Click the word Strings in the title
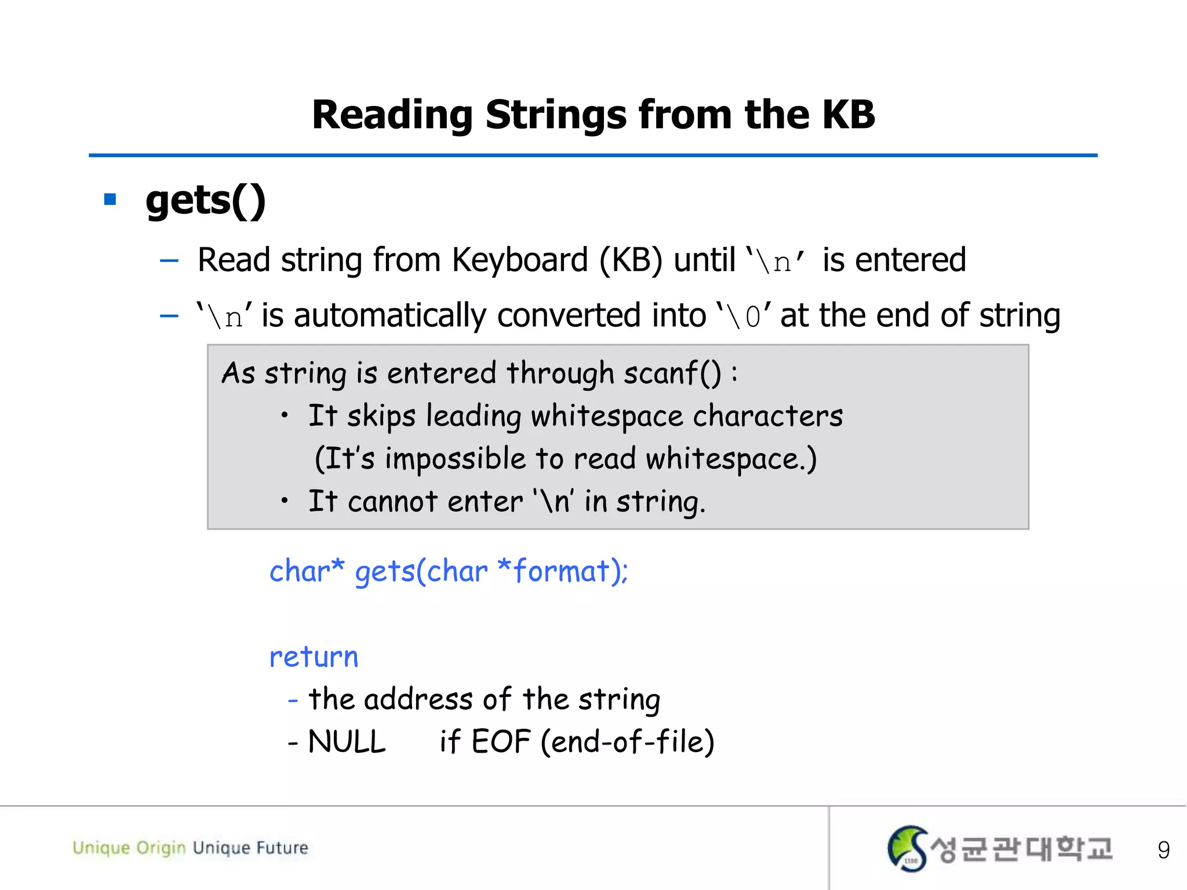point(556,115)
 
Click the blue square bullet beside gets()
point(110,200)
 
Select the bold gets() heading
point(205,201)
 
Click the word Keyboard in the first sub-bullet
point(519,260)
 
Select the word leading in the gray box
point(474,416)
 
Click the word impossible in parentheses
point(455,459)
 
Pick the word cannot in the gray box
point(392,501)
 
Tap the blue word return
point(314,657)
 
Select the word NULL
point(347,742)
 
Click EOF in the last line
point(501,742)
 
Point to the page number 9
point(1163,850)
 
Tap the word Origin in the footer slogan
point(161,848)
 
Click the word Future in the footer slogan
point(282,848)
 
